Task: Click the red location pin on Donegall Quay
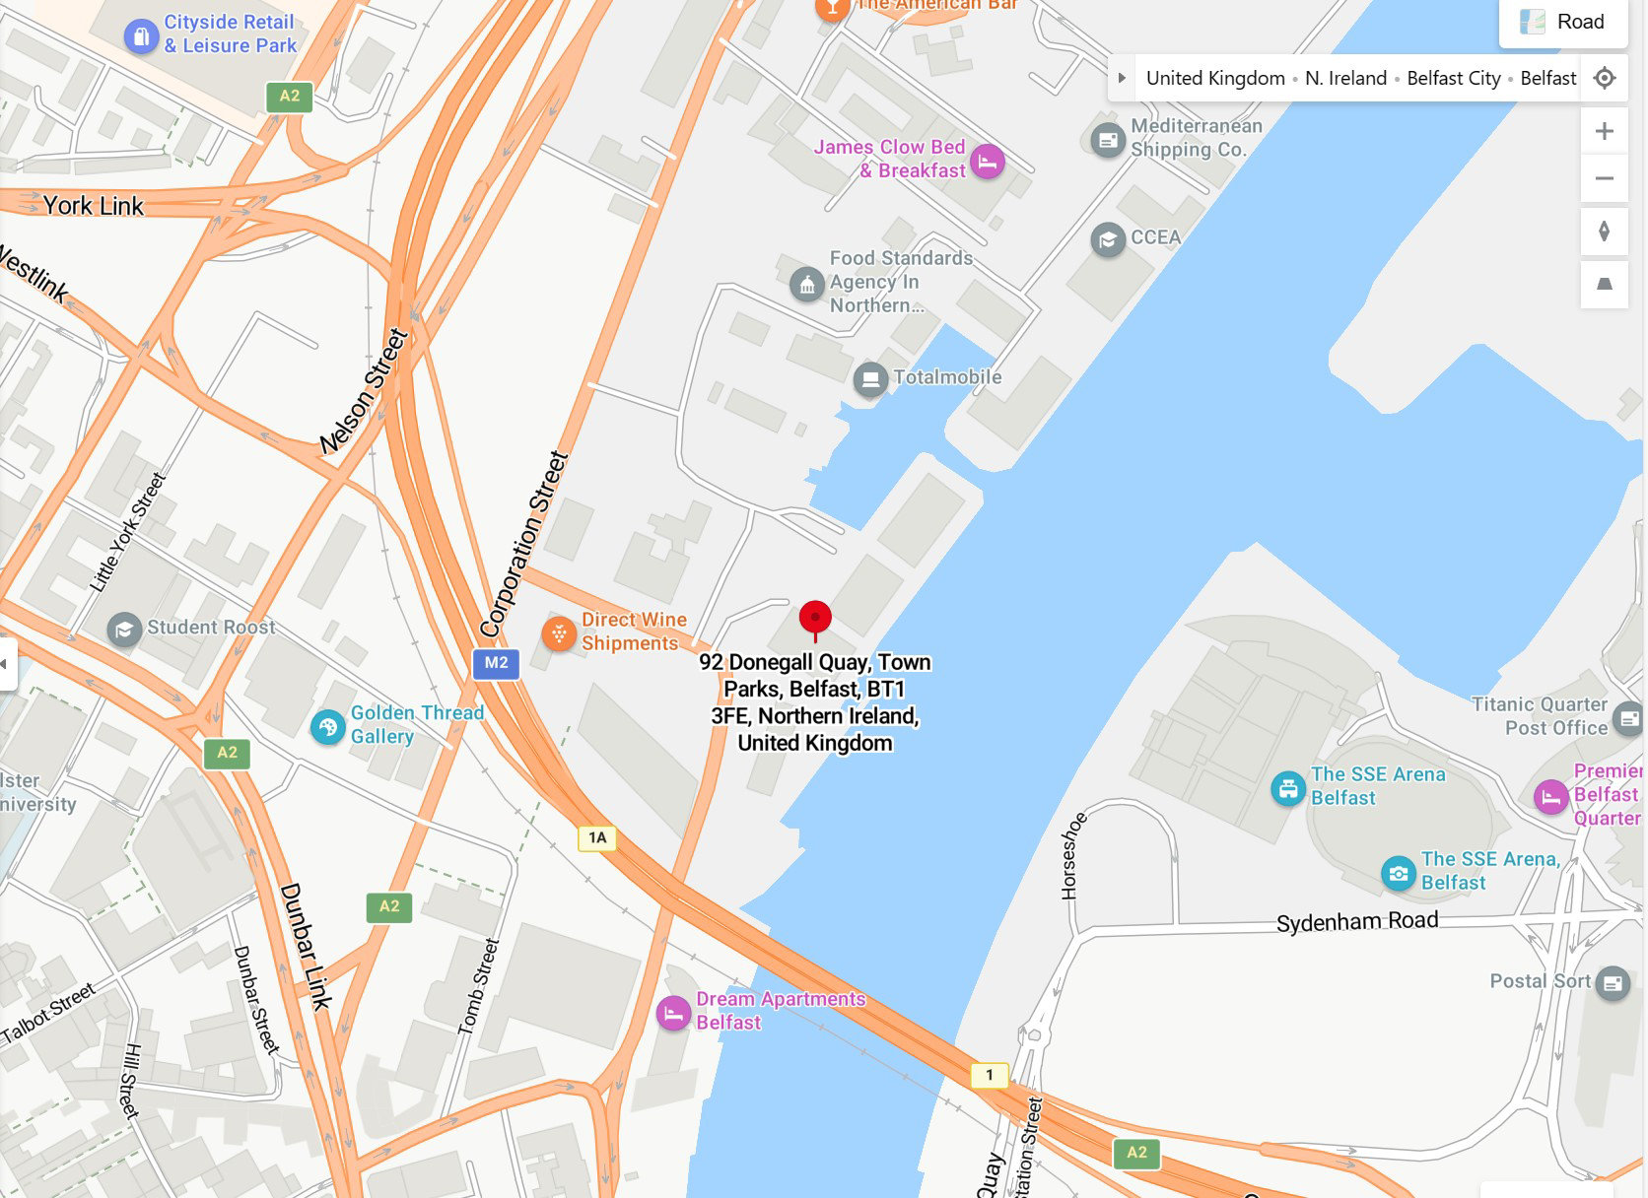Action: (815, 619)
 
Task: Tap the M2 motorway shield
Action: (496, 663)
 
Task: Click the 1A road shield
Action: (597, 837)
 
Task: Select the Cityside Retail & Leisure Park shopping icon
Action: (141, 36)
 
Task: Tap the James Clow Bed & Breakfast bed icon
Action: (987, 161)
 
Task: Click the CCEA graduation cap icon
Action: (1108, 239)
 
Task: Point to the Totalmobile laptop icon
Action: (870, 378)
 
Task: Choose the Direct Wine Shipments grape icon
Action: (559, 633)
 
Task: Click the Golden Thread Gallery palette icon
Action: (327, 727)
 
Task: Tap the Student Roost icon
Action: (124, 629)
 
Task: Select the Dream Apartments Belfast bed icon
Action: (673, 1012)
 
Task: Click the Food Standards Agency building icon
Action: (807, 285)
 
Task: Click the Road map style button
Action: (1563, 22)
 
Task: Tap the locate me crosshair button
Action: (1605, 78)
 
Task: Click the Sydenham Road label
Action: (1357, 922)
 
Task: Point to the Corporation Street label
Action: (524, 543)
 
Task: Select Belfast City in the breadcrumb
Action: (1453, 78)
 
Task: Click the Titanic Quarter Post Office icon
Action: (1628, 717)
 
